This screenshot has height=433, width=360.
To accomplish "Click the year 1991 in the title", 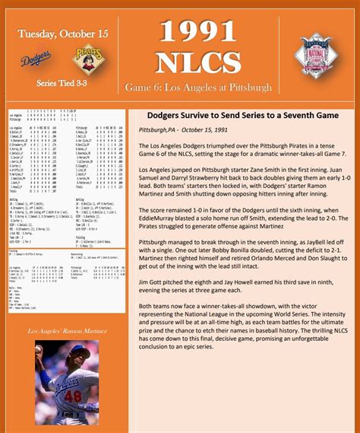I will (197, 31).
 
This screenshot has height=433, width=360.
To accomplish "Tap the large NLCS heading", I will (197, 61).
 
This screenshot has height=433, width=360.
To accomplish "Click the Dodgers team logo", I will (36, 58).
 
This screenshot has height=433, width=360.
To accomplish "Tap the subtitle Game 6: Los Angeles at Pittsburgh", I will (197, 88).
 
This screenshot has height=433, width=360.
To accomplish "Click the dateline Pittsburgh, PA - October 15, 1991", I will (183, 130).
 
